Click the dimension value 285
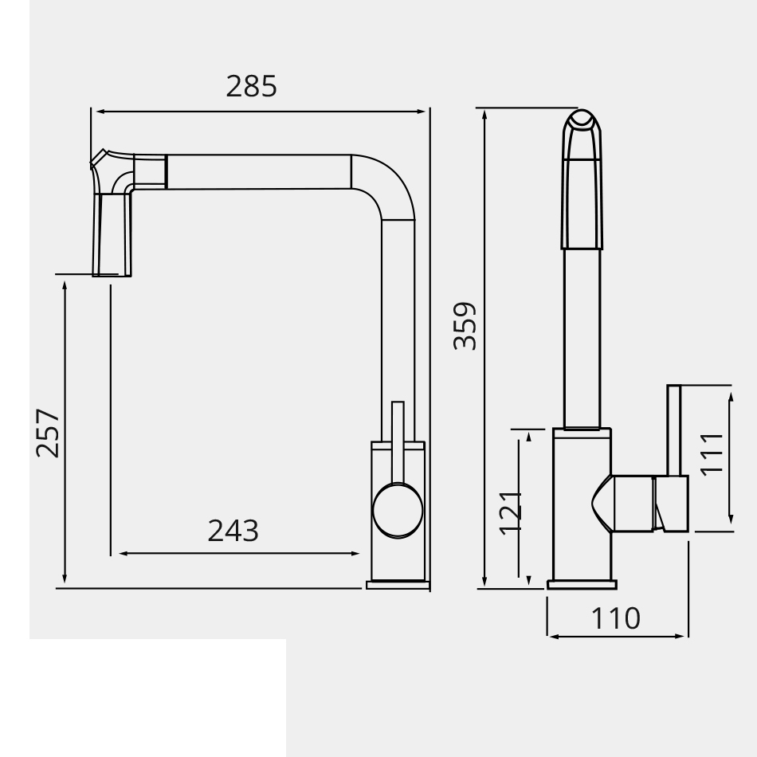click(252, 86)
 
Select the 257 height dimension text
click(48, 433)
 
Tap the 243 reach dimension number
click(233, 530)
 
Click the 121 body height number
click(510, 512)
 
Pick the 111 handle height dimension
click(711, 453)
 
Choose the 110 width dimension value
click(616, 618)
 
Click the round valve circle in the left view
click(398, 510)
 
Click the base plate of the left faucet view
click(398, 585)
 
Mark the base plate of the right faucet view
click(582, 585)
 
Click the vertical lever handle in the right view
click(674, 430)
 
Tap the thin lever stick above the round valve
click(398, 438)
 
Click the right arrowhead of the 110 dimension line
click(681, 636)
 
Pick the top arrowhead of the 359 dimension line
click(484, 114)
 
